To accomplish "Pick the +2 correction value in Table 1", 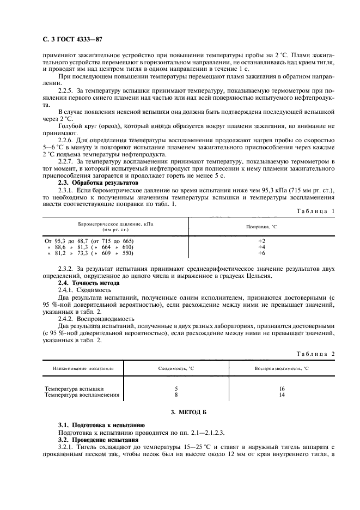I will (x=261, y=240).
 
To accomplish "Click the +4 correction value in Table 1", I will (x=261, y=247).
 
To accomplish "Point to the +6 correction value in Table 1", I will (x=261, y=253).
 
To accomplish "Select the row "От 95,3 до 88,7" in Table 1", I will (x=89, y=240).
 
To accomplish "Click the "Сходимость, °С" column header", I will (x=176, y=369).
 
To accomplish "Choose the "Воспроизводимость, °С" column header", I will (x=281, y=369).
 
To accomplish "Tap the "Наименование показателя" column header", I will (x=83, y=369).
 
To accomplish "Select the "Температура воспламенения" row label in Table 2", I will (x=82, y=394).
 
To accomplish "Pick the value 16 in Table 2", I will (x=281, y=388).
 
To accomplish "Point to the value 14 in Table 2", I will (x=281, y=394).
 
